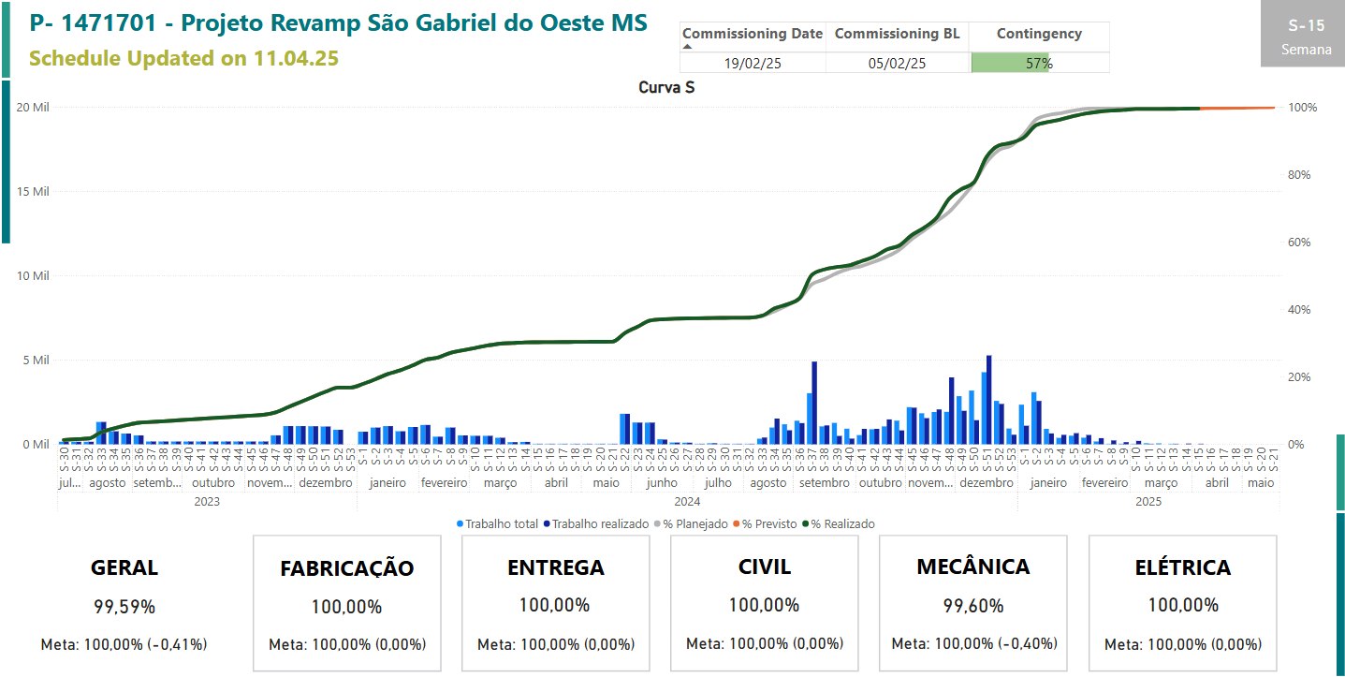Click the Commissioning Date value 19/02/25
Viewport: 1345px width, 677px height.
click(x=753, y=64)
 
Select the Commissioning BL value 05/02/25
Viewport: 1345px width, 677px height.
click(x=897, y=64)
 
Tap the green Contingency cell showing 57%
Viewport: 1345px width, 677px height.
click(x=1039, y=64)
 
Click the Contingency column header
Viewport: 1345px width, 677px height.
click(x=1039, y=34)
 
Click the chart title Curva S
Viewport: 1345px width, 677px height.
click(x=665, y=88)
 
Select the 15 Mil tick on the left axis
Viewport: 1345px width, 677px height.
click(x=32, y=192)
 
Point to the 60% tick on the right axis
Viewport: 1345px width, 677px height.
click(x=1302, y=243)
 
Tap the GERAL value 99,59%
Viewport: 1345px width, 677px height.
click(x=124, y=607)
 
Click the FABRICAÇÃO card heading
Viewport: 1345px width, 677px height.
click(x=346, y=568)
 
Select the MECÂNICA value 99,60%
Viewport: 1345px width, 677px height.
click(x=973, y=606)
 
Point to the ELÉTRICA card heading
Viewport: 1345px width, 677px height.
click(x=1182, y=567)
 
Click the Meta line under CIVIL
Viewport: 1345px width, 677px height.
click(x=765, y=644)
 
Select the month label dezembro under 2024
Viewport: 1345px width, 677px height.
click(x=987, y=483)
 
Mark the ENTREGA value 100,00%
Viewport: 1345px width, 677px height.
click(x=555, y=605)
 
